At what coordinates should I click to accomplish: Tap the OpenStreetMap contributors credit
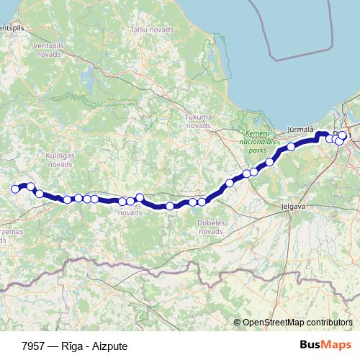(x=297, y=322)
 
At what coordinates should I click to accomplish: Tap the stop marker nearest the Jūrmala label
(x=292, y=147)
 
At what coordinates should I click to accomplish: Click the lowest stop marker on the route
(x=170, y=206)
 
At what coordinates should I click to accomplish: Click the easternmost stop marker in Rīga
(x=343, y=135)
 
